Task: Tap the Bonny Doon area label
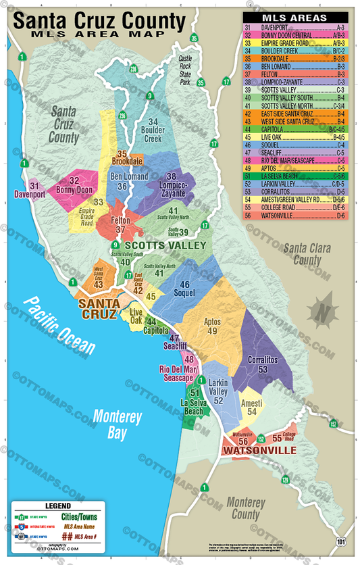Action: tap(74, 185)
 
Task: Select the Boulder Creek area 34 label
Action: tap(153, 129)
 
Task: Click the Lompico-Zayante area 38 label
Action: tap(171, 181)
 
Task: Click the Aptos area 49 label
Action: tap(212, 326)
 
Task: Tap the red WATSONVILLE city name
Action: tap(260, 449)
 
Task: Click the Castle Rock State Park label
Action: tap(186, 71)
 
